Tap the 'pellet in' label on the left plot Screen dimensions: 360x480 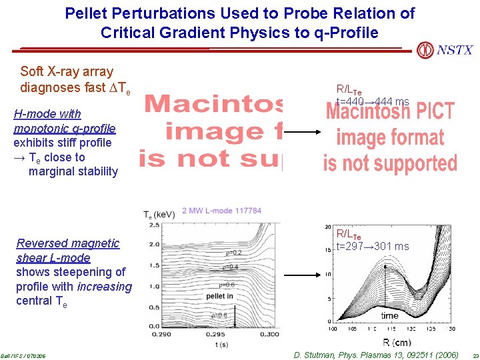pos(220,296)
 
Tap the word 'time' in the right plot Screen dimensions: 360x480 pos(390,315)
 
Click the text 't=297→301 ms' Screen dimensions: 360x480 pos(373,247)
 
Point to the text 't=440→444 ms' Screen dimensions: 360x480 pos(373,101)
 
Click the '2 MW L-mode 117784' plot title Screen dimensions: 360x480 pos(221,211)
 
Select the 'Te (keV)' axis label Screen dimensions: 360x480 pos(159,214)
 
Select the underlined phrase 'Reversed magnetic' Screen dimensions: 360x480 pos(68,243)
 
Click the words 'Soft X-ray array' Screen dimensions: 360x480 pos(67,71)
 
